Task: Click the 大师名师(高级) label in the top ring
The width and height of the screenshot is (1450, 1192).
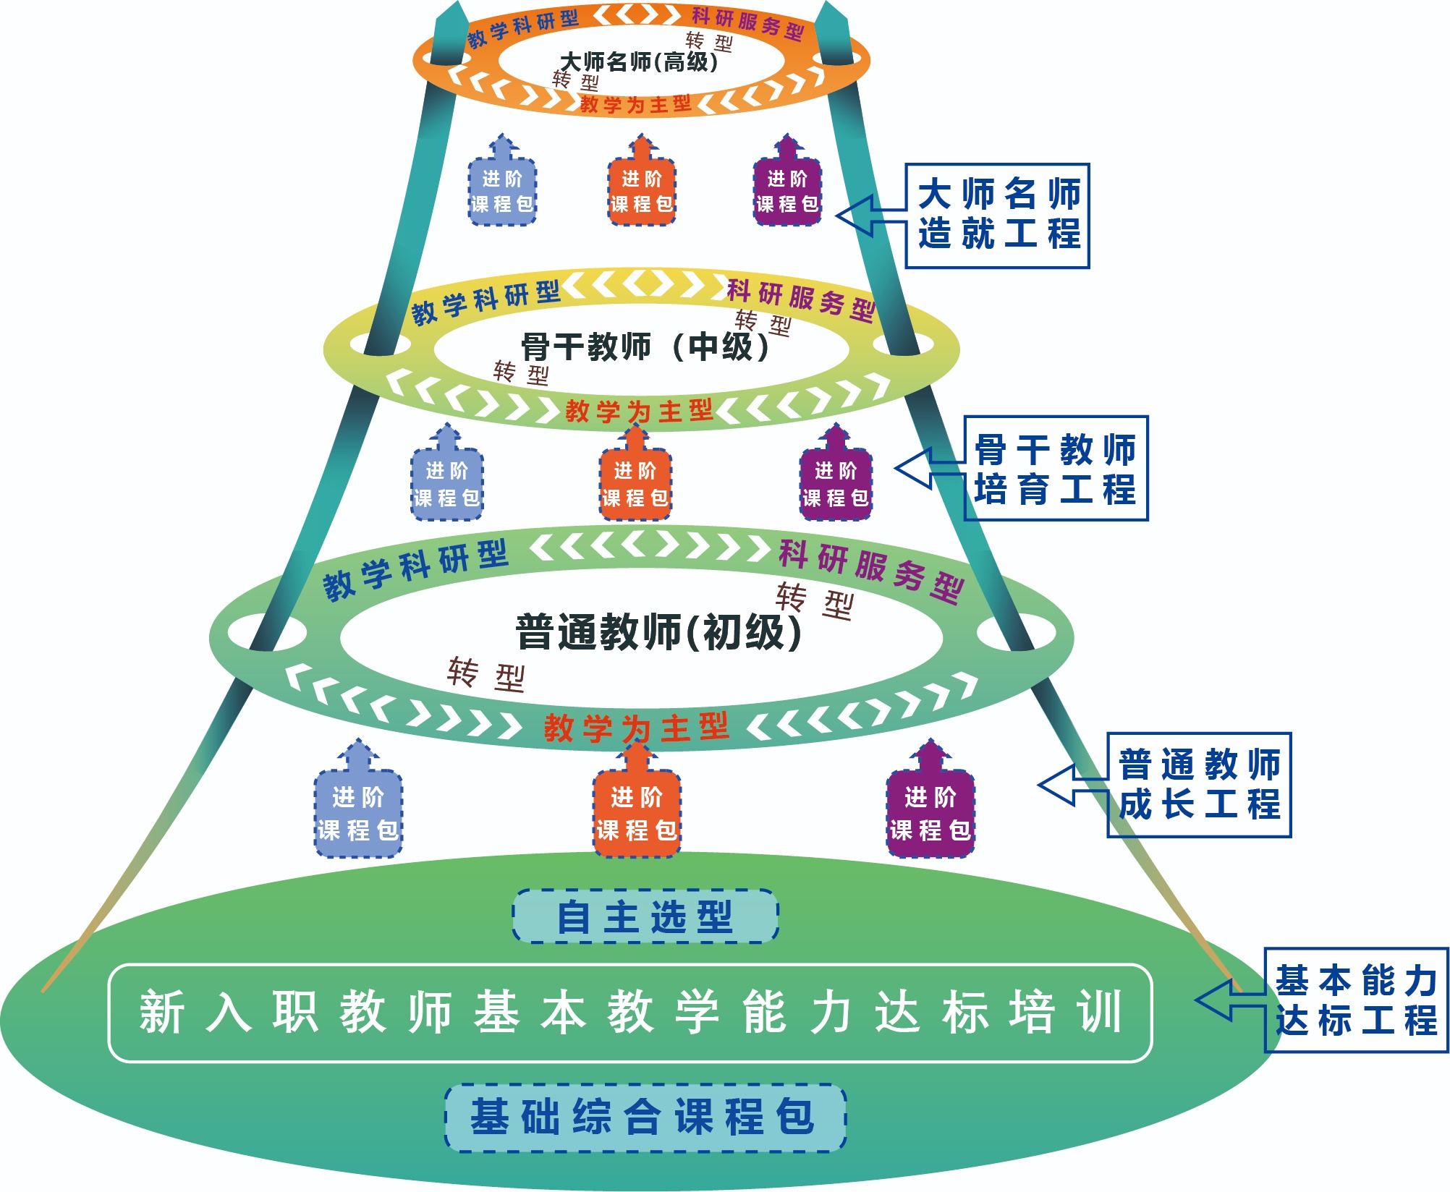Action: (x=639, y=61)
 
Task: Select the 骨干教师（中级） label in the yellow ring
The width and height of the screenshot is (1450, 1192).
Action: (x=645, y=346)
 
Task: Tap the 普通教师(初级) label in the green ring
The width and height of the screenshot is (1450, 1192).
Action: (x=658, y=631)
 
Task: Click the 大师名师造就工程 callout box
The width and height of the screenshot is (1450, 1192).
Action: (x=998, y=216)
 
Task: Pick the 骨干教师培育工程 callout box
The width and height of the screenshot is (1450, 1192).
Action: (x=1056, y=468)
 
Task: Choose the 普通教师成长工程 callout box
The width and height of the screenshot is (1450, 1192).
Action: (x=1200, y=785)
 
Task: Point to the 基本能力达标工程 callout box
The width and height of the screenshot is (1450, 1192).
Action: (x=1357, y=1000)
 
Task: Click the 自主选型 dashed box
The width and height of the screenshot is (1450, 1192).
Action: (x=645, y=916)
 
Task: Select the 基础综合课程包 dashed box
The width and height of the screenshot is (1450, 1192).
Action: (x=645, y=1117)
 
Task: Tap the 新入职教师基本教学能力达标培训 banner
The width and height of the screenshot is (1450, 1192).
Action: (x=630, y=1013)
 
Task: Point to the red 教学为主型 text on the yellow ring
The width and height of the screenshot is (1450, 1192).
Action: (x=639, y=411)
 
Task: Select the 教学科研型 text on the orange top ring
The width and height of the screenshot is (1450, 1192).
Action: (x=522, y=28)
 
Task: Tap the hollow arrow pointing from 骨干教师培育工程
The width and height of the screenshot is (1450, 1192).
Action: (x=930, y=468)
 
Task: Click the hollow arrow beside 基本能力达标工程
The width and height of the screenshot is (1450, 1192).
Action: (x=1230, y=1000)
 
